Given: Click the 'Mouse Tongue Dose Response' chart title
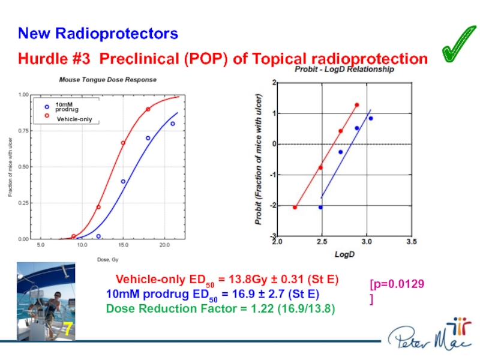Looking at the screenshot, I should (x=107, y=79).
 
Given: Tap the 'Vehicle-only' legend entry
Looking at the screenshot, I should (x=74, y=120).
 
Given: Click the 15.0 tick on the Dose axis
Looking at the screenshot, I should (x=123, y=245).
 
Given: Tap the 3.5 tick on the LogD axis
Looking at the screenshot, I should (x=411, y=243).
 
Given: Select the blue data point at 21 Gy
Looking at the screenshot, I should (x=172, y=124).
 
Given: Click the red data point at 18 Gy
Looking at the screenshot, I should (x=148, y=109).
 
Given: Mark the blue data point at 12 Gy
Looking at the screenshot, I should (x=98, y=236).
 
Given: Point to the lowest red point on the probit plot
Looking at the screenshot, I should (x=295, y=207).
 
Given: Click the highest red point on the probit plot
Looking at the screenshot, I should (x=356, y=105).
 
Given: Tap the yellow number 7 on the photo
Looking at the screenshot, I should (x=68, y=329).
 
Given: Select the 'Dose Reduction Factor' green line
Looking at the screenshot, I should (x=220, y=308).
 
